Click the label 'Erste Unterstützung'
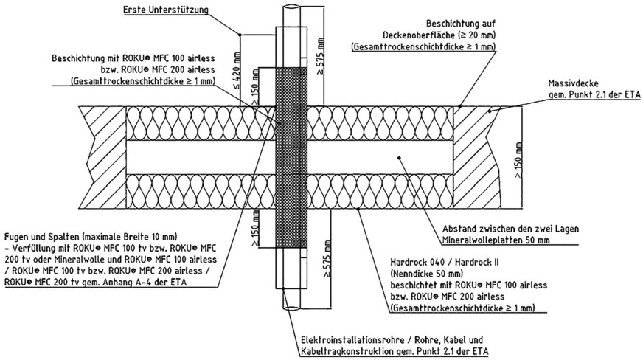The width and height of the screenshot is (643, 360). tap(166, 10)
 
